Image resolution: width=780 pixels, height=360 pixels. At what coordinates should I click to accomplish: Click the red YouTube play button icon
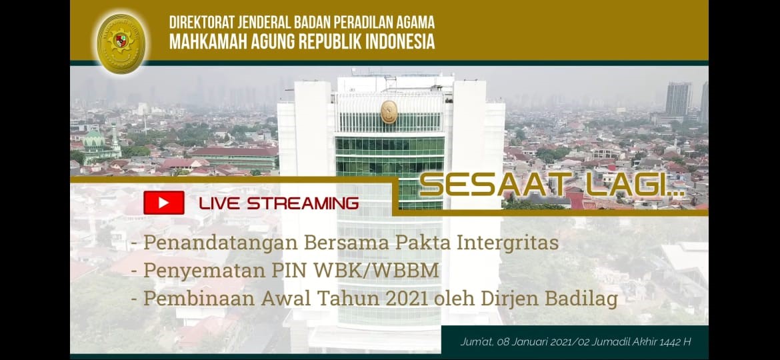tap(163, 203)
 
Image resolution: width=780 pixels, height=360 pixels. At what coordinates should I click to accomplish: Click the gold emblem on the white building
tap(389, 112)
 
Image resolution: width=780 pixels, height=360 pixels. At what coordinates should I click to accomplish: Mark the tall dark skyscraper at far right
tap(678, 99)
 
